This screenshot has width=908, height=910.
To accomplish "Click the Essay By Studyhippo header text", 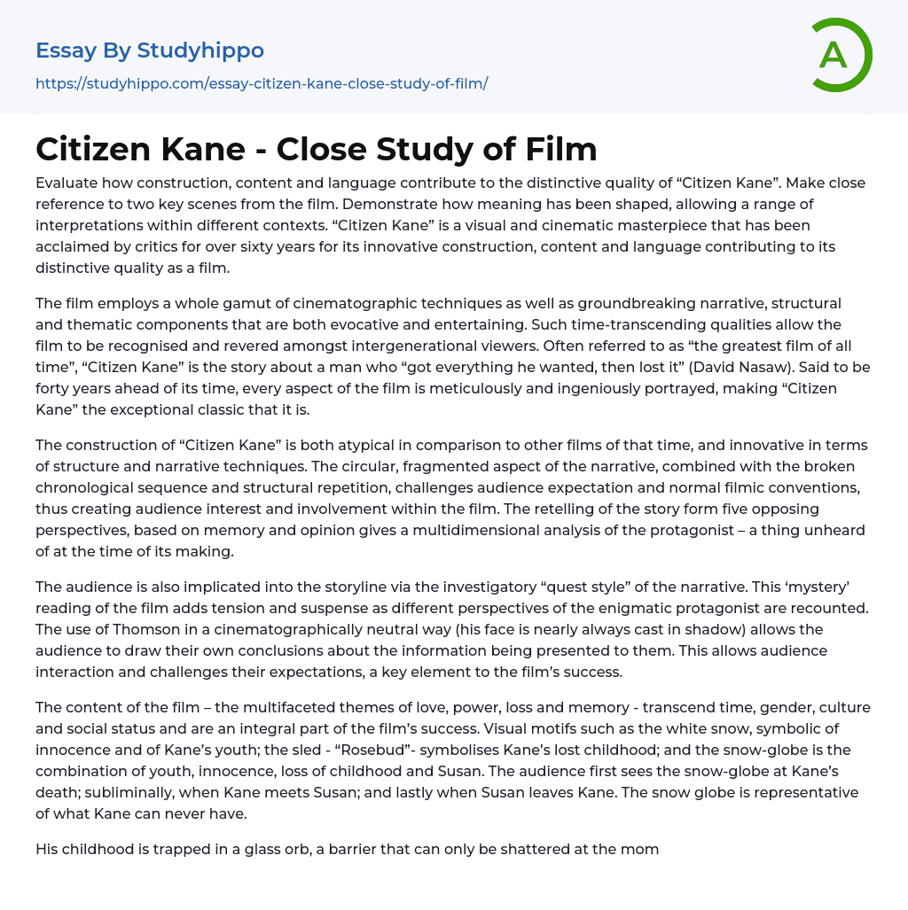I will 150,51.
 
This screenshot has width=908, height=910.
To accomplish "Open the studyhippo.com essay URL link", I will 262,83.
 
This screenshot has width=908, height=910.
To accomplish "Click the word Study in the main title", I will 440,149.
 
